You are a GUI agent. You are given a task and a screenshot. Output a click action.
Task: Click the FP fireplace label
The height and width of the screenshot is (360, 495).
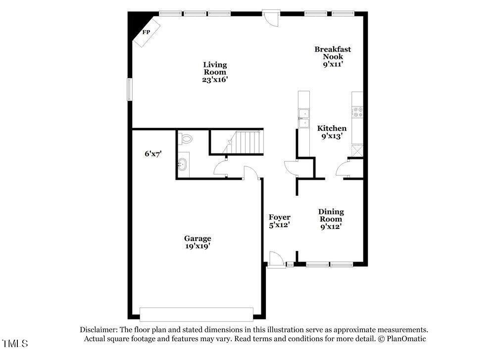146,32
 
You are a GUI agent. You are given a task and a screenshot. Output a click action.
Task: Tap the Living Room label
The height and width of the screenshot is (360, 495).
215,68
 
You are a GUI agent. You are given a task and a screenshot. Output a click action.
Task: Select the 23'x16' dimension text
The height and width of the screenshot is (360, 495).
215,79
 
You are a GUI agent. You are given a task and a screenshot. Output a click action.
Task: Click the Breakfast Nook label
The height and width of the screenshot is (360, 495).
333,52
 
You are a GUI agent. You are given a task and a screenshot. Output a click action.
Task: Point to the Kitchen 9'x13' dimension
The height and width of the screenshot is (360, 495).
332,136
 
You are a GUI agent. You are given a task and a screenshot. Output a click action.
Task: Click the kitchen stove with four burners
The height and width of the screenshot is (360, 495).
358,112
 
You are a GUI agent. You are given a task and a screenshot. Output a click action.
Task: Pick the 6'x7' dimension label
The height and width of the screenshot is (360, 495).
153,154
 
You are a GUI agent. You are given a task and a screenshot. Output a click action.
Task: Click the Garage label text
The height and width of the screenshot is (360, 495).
198,238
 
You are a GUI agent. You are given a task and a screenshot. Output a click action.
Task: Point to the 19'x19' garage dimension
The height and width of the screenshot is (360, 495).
198,246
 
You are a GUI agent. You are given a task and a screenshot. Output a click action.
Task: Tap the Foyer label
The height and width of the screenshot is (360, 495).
279,217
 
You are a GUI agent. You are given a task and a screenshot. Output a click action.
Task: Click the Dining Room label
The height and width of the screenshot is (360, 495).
331,215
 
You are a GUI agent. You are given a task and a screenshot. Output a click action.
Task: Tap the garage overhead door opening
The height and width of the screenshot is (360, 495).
197,314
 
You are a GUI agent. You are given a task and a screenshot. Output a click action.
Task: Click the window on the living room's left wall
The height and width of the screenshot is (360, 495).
129,89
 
